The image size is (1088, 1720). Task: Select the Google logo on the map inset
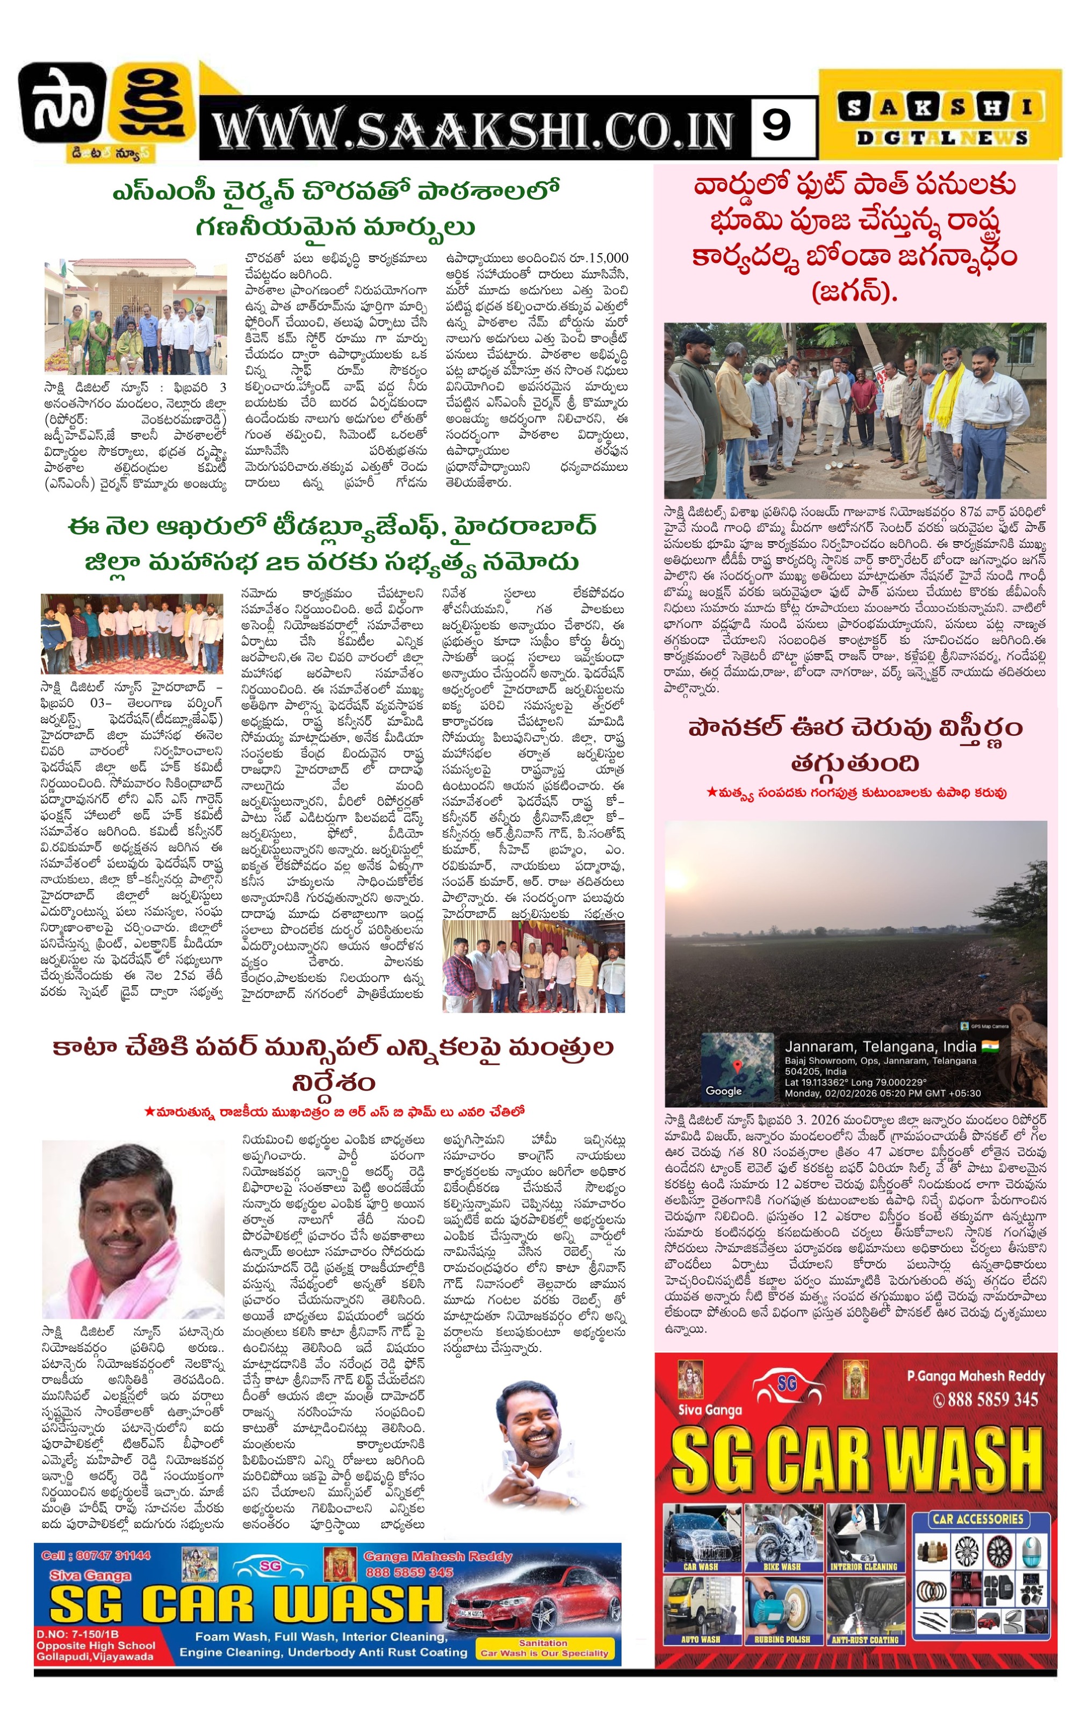(723, 1091)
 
